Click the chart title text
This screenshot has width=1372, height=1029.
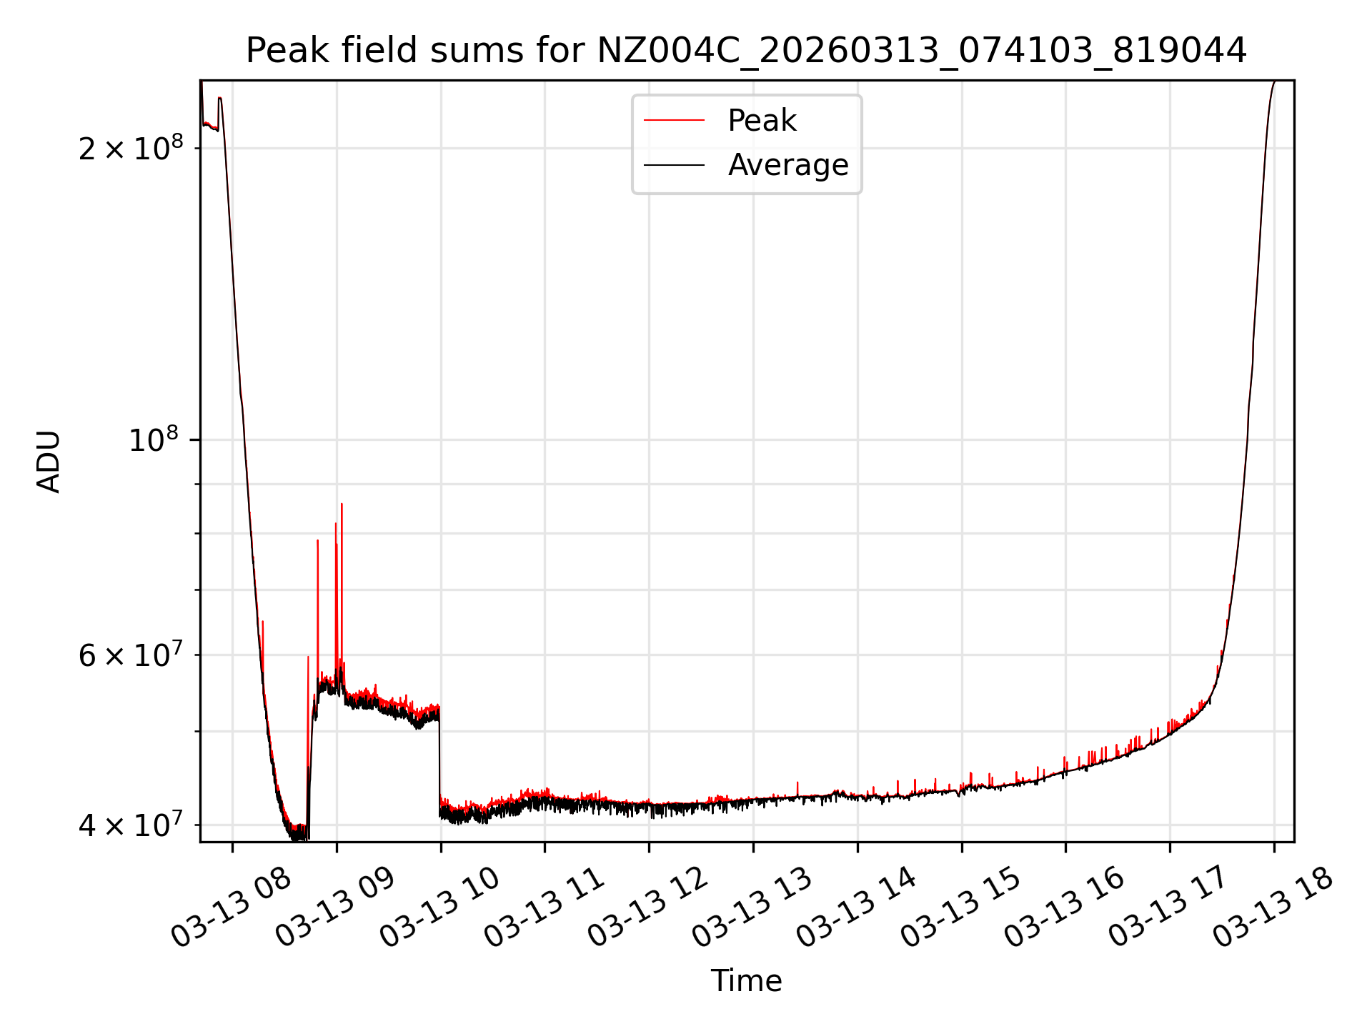[x=746, y=51]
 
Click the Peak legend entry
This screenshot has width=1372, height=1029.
[x=761, y=121]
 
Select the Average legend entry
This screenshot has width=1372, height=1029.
[x=787, y=165]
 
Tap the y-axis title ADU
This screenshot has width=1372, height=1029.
[x=49, y=462]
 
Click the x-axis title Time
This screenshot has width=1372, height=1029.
[x=746, y=981]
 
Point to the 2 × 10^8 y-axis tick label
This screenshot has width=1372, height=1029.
[x=131, y=149]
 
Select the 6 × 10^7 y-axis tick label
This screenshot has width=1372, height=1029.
[x=131, y=655]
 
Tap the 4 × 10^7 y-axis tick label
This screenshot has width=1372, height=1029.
[x=131, y=825]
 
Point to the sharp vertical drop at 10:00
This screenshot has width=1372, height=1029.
[x=439, y=757]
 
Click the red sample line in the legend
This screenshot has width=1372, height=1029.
[x=674, y=121]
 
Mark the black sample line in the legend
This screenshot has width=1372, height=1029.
[x=674, y=165]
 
